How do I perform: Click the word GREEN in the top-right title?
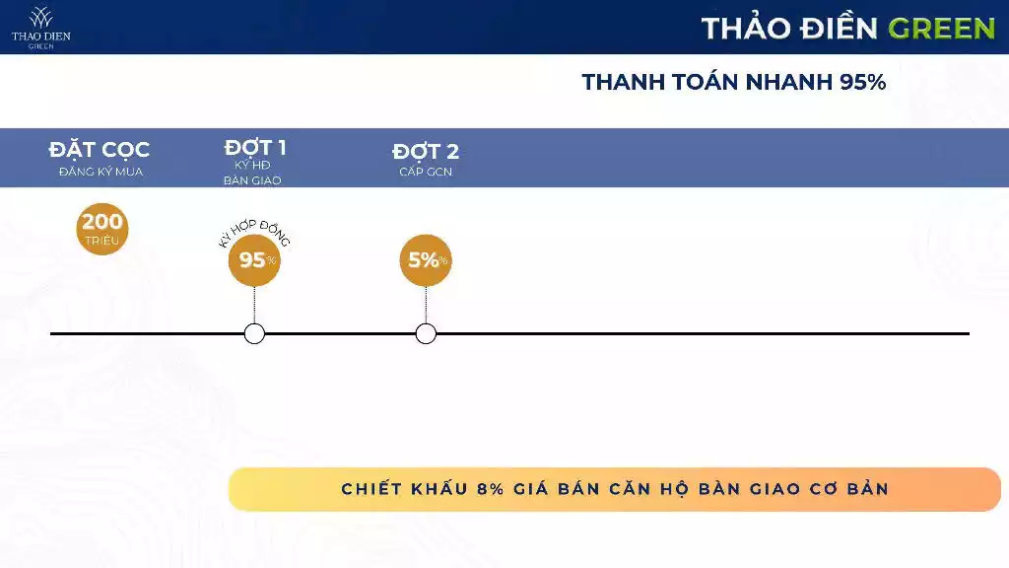[x=941, y=28]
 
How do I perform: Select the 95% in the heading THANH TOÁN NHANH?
[x=863, y=82]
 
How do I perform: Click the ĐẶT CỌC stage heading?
[x=100, y=151]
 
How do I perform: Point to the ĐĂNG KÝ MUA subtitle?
[x=100, y=172]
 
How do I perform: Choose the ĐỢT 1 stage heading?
[x=254, y=149]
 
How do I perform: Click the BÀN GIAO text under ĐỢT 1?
[x=252, y=180]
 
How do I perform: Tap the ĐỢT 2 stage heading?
[x=426, y=152]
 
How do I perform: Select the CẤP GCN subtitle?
[x=426, y=172]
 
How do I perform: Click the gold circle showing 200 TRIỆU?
[x=102, y=229]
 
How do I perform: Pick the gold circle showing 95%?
[x=254, y=260]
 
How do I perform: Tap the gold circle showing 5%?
[x=426, y=260]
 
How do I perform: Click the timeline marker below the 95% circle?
[x=254, y=333]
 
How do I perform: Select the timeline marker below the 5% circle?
[x=426, y=333]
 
